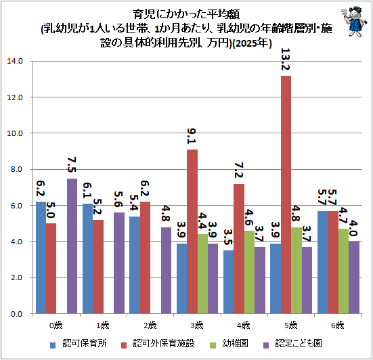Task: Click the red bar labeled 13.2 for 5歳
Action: (286, 194)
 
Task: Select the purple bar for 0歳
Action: (72, 246)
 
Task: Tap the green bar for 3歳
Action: (202, 273)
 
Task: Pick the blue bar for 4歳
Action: (229, 282)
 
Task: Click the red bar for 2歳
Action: (145, 258)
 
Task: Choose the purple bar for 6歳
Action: (354, 277)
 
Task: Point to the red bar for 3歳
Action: (192, 231)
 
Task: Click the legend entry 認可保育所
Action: (79, 344)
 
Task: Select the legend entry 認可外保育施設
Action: (158, 344)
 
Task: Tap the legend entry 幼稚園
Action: (229, 344)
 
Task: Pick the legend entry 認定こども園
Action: (292, 344)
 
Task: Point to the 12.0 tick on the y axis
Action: (15, 97)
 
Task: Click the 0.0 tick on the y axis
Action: (17, 314)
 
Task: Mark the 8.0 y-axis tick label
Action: (17, 169)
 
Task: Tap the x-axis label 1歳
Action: (103, 325)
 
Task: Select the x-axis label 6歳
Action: (338, 325)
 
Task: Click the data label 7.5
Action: (71, 165)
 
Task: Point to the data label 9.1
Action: (192, 136)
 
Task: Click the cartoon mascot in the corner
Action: (353, 22)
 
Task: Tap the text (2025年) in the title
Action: (252, 43)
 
